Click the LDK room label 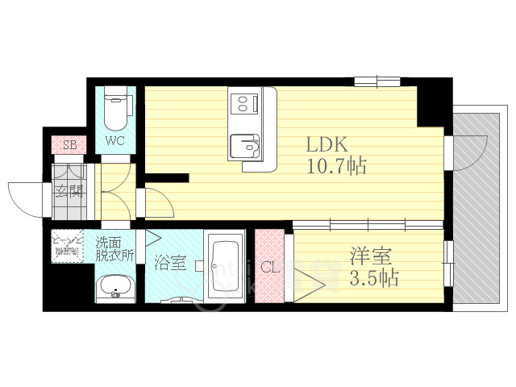pos(326,145)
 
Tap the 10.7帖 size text pos(336,167)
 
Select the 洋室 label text pos(371,258)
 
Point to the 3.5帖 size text pos(373,280)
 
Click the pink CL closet pos(270,267)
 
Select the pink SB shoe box pos(69,146)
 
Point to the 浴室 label pos(171,263)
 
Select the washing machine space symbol pos(68,246)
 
